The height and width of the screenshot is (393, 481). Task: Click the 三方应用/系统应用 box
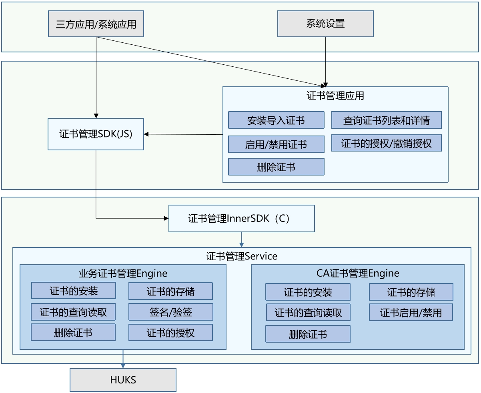(x=96, y=24)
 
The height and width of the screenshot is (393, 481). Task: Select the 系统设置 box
(x=325, y=24)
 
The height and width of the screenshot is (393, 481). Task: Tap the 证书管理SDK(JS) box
(x=96, y=134)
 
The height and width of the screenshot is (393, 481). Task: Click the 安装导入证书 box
(x=276, y=120)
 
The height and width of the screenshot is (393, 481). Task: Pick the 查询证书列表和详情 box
(x=386, y=120)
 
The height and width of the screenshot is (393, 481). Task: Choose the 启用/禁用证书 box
(x=276, y=144)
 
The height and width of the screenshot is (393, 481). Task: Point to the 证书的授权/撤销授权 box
(x=386, y=143)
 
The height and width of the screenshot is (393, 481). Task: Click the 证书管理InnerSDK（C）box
(x=241, y=218)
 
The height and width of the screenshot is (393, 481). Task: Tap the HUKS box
(x=123, y=380)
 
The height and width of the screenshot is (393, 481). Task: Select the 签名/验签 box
(x=170, y=312)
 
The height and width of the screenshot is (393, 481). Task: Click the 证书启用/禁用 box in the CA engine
(x=411, y=313)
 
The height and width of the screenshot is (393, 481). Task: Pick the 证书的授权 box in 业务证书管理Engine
(x=170, y=333)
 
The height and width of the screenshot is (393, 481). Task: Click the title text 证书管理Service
(x=242, y=256)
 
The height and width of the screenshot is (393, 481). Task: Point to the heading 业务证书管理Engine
(x=123, y=273)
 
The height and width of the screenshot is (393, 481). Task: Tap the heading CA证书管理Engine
(x=358, y=273)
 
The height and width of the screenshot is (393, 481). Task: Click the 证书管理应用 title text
(x=335, y=96)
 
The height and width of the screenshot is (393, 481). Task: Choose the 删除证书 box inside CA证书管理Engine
(x=308, y=334)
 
